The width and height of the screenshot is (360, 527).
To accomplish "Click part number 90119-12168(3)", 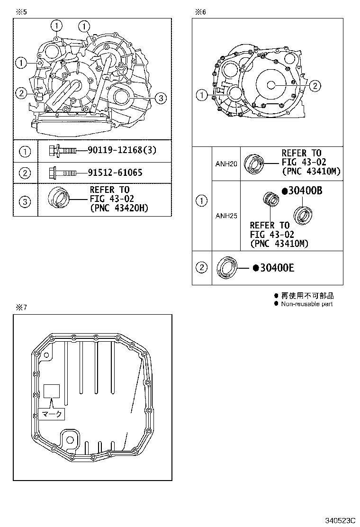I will (x=122, y=151).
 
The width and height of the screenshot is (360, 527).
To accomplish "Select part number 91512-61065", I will (x=115, y=173).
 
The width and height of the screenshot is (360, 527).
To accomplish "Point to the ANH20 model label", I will (x=225, y=164).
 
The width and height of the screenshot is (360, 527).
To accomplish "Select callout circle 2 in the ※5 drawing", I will (x=21, y=93).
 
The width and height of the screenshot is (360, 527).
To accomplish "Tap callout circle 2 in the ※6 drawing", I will (x=315, y=85).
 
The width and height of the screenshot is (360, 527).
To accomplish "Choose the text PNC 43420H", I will (x=113, y=207).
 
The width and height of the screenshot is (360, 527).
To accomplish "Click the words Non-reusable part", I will (x=306, y=304).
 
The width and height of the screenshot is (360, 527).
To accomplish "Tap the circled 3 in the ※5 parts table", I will (x=25, y=202).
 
